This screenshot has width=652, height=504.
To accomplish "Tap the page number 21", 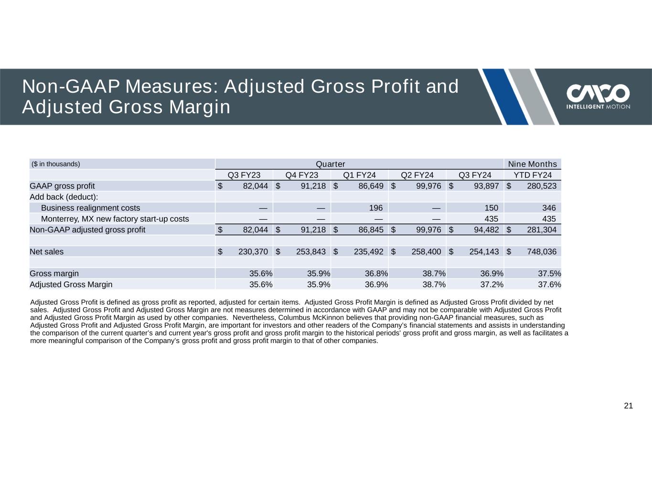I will coord(628,406).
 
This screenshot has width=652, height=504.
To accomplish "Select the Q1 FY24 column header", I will coord(359,175).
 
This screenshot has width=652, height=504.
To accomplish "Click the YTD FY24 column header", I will coord(532,175).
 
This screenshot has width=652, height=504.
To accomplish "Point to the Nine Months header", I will coord(532,164).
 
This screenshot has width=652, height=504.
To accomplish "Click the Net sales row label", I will coord(46,252).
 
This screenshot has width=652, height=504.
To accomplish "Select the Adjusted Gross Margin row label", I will coord(71,285).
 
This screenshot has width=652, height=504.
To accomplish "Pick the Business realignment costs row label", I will coord(90,208).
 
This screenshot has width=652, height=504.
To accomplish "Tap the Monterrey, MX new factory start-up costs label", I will coord(115,219).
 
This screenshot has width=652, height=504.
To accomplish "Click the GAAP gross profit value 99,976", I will coord(428,186).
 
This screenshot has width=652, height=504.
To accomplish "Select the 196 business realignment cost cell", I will coord(376,208).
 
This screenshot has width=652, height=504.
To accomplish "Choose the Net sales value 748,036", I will coord(542,252).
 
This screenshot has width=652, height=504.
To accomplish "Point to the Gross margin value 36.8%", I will coord(376,274).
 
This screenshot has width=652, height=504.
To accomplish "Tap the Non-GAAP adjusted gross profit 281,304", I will coord(542,230).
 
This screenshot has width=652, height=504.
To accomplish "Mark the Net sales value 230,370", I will coord(253,252).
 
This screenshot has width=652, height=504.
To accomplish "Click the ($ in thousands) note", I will coord(56,164).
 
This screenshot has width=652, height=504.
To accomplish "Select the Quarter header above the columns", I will coord(331,164).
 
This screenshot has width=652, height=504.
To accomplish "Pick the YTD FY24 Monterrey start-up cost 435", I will coord(549,219).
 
